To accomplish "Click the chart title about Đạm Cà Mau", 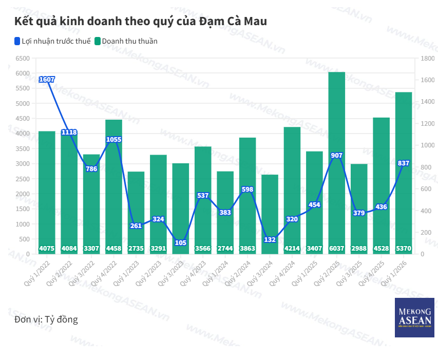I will point(141,22).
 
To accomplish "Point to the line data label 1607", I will point(47,79).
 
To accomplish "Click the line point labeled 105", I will point(180,242).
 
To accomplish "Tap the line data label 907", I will point(337,155).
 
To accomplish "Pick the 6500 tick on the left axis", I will point(23,59).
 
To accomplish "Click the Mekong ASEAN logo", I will point(414,317).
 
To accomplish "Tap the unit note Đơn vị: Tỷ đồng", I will point(46,319).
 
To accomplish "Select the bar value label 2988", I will point(359,249).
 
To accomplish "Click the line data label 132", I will point(270,239).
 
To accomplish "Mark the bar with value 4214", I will point(292,190).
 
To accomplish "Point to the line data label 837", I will point(404,163).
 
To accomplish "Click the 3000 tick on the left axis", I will point(23,164).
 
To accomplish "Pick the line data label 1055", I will point(113,139).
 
